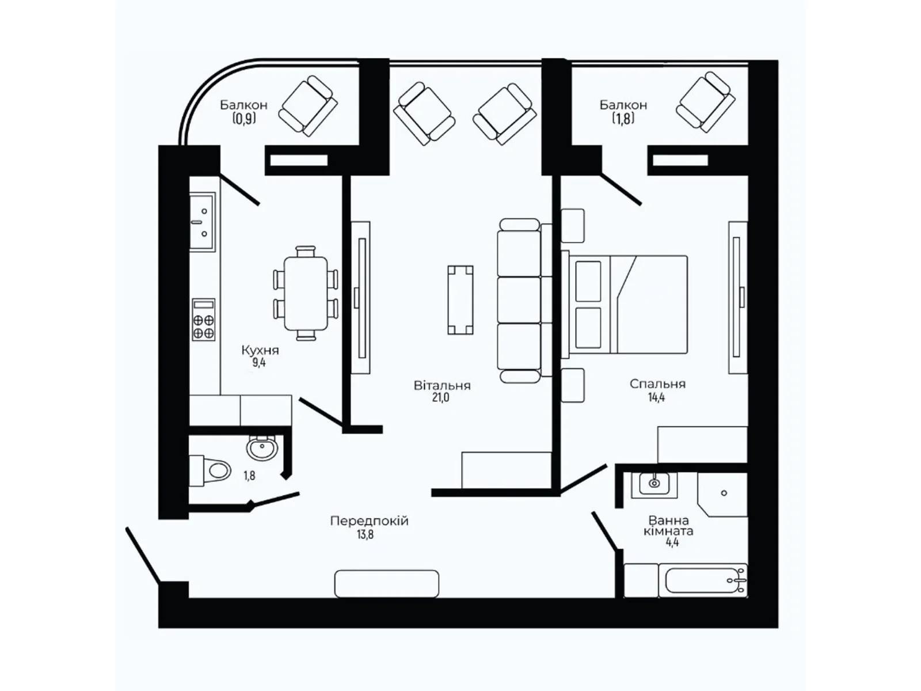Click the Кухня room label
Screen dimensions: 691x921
click(260, 350)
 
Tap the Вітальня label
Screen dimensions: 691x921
click(442, 385)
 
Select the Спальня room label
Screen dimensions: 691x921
click(657, 384)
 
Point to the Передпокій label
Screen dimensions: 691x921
click(369, 521)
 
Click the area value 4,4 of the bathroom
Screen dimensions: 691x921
click(672, 542)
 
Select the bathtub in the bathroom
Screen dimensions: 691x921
click(705, 580)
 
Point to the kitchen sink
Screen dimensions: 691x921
click(201, 222)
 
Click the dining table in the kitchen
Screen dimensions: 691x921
click(305, 294)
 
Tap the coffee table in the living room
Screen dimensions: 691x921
click(461, 299)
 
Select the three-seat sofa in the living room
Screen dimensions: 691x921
click(519, 300)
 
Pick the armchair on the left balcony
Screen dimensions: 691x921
click(308, 106)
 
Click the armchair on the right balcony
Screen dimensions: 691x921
click(705, 102)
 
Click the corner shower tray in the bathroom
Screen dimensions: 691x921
click(721, 493)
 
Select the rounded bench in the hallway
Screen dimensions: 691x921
click(386, 583)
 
